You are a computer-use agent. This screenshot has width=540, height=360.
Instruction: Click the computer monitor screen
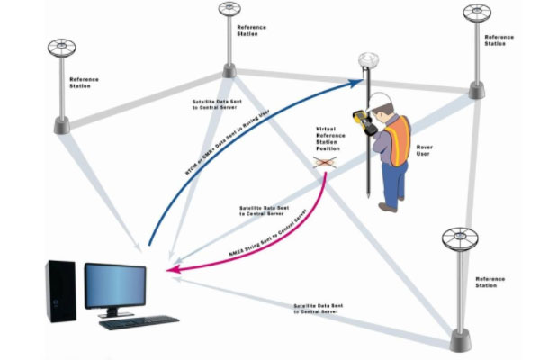pyautogui.click(x=115, y=285)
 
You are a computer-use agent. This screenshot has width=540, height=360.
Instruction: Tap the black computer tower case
pyautogui.click(x=60, y=290)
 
